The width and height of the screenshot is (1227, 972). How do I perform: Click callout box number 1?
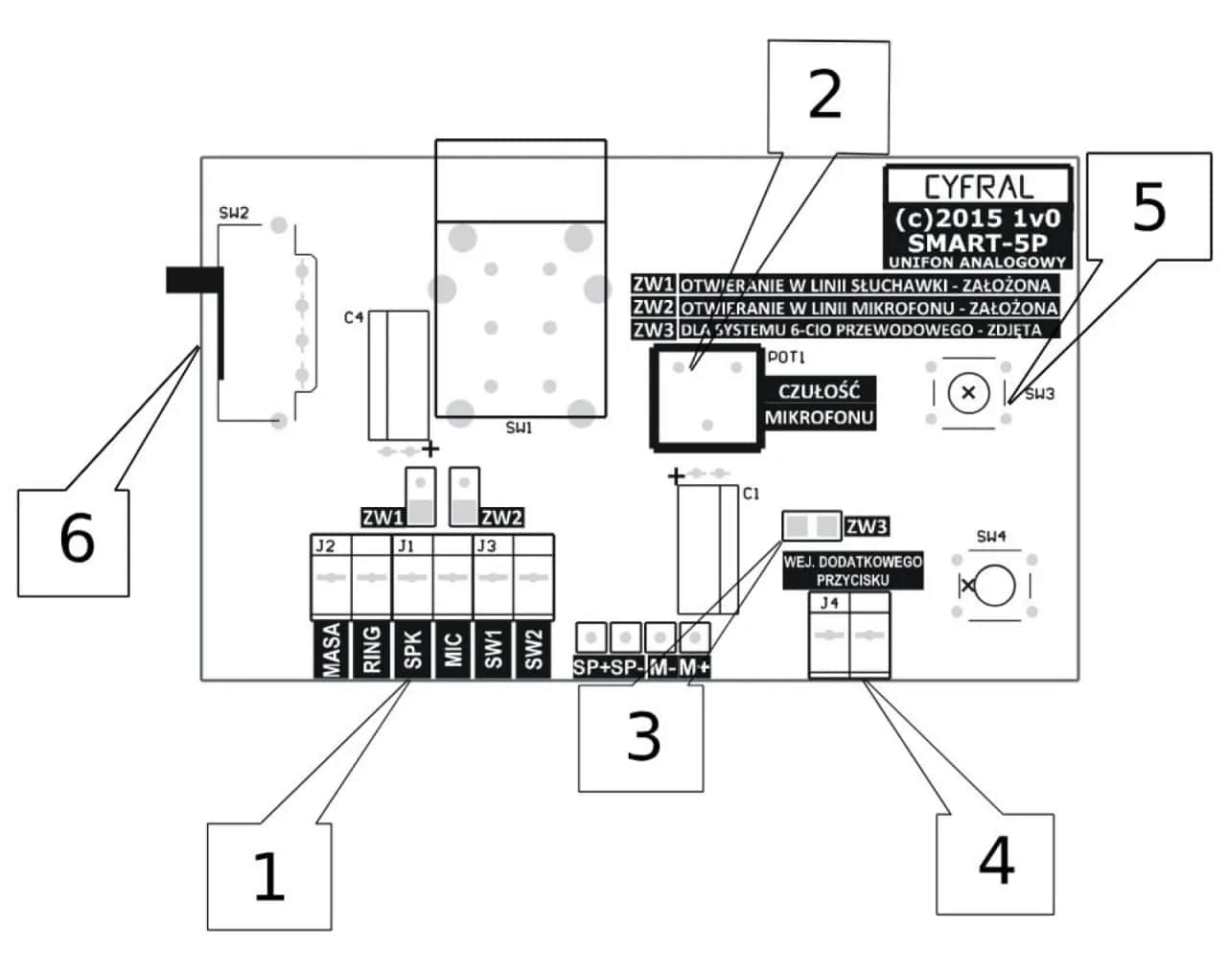point(269,875)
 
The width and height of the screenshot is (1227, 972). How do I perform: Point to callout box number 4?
point(995,860)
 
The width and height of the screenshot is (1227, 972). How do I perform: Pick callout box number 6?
point(74,541)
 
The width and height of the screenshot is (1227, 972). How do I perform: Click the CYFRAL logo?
point(977,186)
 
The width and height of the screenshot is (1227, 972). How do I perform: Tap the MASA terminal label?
point(332,652)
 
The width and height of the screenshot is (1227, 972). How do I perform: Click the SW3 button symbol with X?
point(968,392)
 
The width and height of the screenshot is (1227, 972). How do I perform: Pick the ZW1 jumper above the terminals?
point(421,497)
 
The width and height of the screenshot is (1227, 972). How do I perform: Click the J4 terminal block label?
point(827,604)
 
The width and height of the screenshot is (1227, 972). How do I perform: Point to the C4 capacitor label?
point(354,317)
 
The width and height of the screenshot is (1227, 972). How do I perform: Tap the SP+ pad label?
point(590,668)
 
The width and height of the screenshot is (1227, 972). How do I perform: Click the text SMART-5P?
point(977,241)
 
